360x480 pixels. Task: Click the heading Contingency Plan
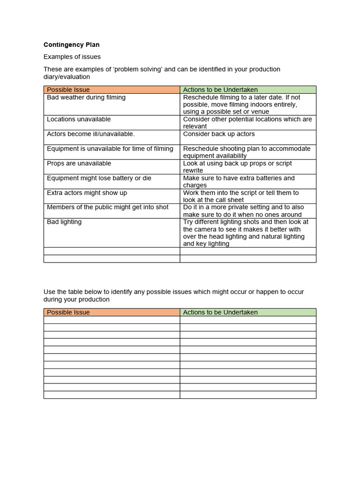71,45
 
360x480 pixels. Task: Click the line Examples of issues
72,57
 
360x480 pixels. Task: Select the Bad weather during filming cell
86,97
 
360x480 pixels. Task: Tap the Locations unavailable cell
79,120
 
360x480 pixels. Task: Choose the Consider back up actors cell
219,134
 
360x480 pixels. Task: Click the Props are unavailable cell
79,164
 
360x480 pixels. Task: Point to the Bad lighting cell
64,222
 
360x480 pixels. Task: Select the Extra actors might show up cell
87,193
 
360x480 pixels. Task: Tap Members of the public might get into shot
107,207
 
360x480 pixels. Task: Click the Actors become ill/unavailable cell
90,134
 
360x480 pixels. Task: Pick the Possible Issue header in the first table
68,90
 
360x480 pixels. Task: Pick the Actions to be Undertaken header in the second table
220,312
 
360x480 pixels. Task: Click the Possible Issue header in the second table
68,312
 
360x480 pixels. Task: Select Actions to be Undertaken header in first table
220,90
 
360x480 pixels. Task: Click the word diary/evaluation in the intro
67,77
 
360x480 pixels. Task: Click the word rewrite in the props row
193,171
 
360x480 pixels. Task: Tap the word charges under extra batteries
195,185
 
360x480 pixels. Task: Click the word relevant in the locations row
195,127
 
